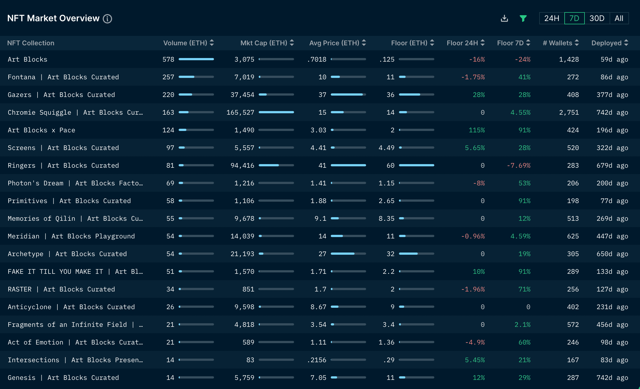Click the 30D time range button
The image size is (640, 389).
[x=597, y=18]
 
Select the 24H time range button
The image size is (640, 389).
[x=552, y=18]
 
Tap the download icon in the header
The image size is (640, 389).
[x=504, y=18]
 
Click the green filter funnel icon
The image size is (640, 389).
[x=523, y=18]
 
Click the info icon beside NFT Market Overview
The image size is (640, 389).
[x=107, y=19]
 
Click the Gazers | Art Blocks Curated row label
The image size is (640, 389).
[x=61, y=95]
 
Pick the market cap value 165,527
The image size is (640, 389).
[x=240, y=112]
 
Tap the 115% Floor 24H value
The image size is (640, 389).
[x=477, y=130]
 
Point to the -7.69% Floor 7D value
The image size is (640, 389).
[x=519, y=165]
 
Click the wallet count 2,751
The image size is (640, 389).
[x=569, y=112]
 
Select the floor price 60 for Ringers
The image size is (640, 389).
[x=390, y=165]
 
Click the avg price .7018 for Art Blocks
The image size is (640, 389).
[x=317, y=59]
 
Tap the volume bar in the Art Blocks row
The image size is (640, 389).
[x=196, y=59]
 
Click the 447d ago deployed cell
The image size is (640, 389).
[x=612, y=236]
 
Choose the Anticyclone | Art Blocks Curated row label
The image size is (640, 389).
[x=71, y=307]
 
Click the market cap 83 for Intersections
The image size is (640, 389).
[x=250, y=360]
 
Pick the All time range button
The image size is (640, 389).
[x=619, y=18]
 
